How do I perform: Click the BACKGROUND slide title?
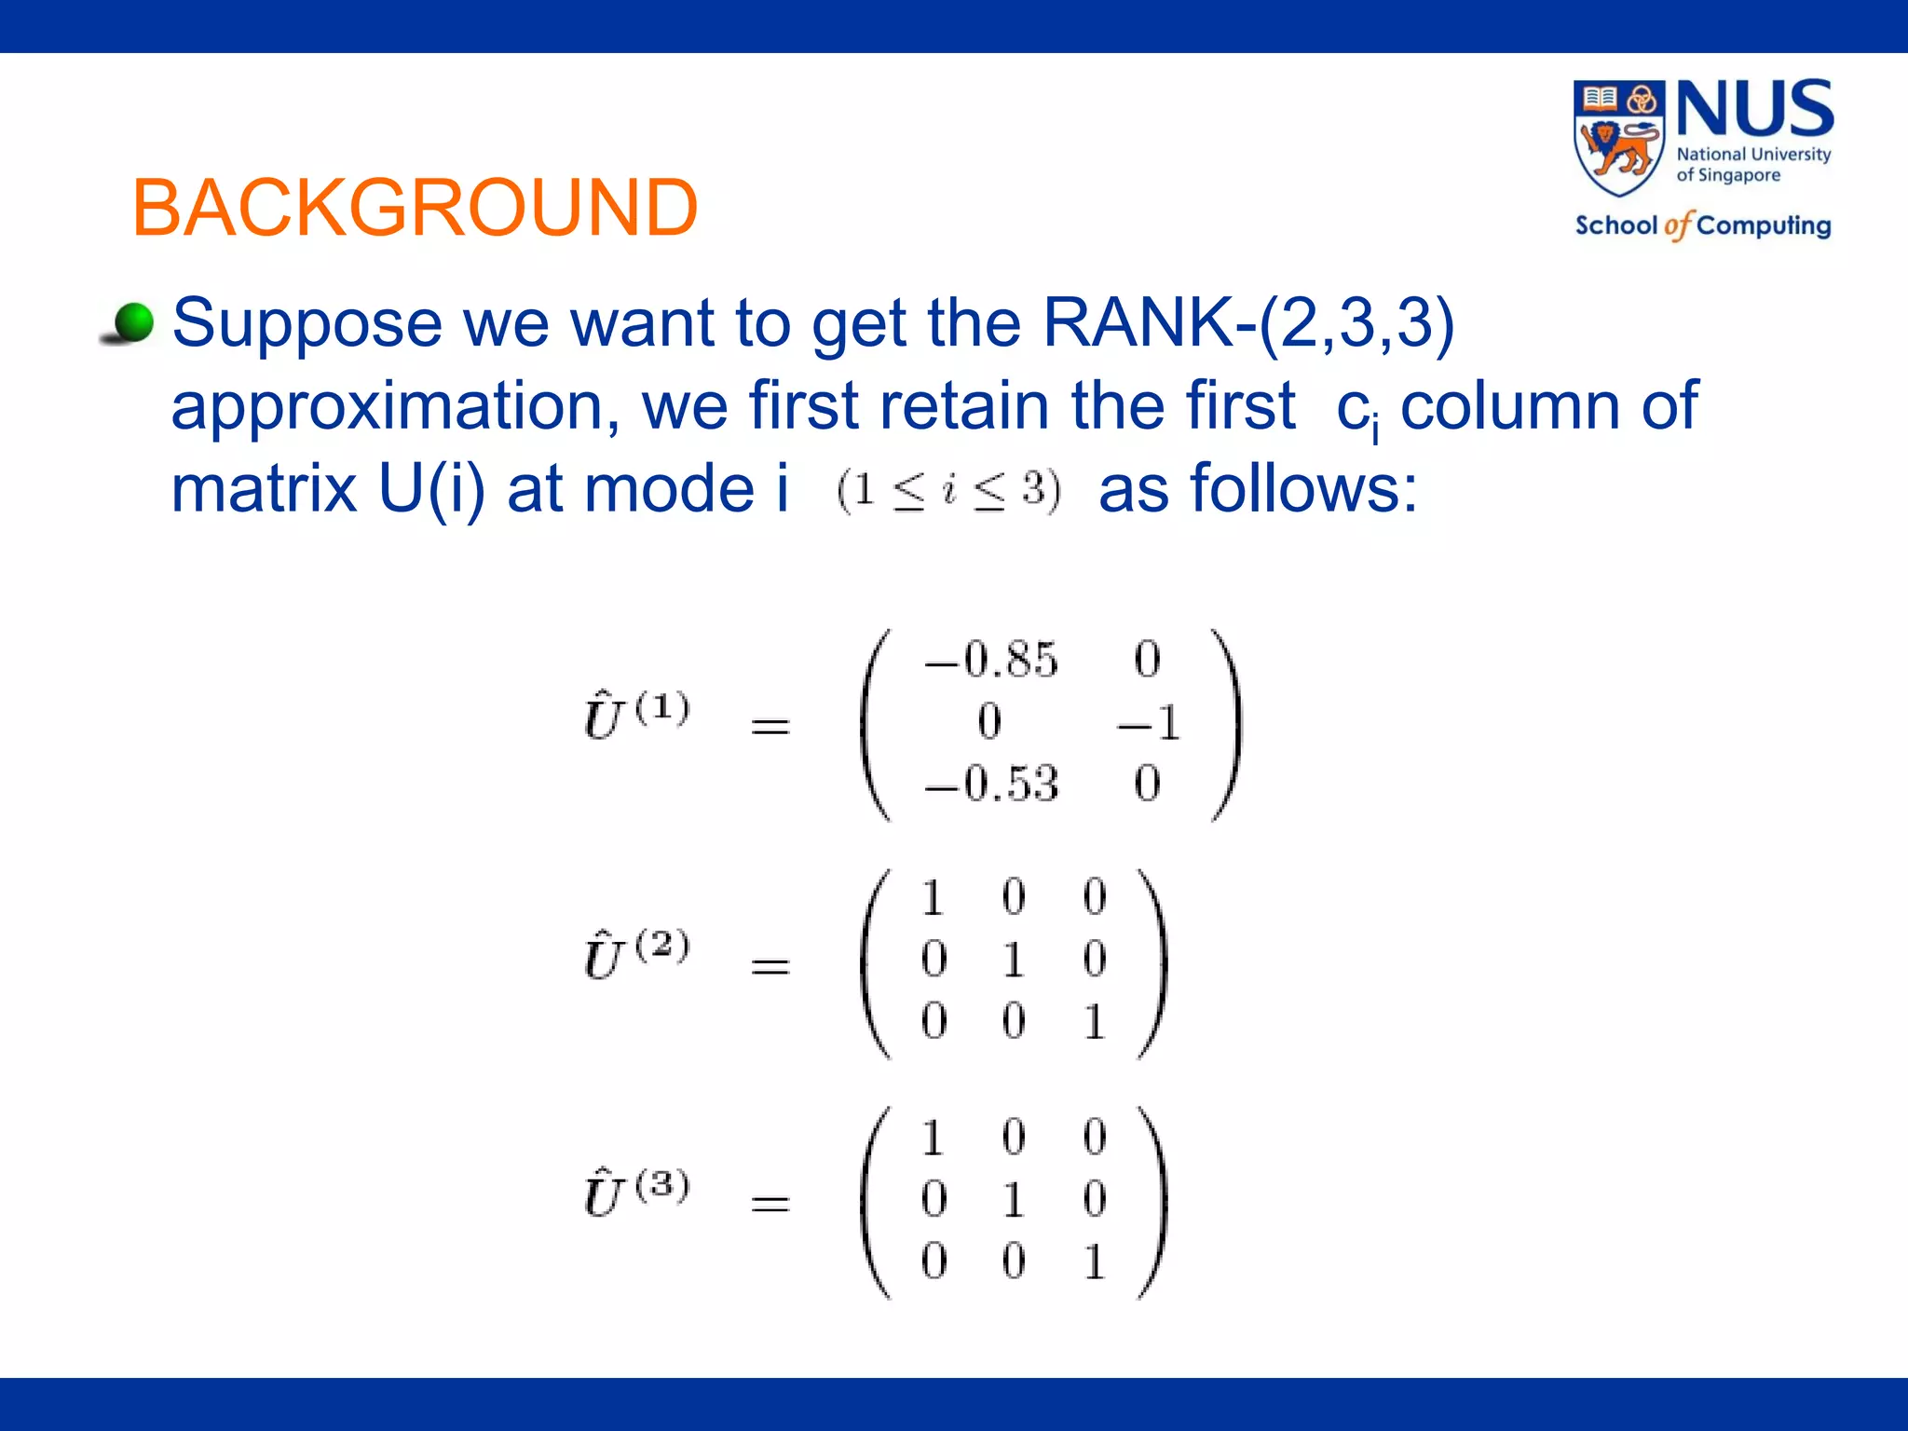tap(415, 207)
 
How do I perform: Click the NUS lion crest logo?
tap(1619, 137)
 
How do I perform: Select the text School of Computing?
tap(1702, 225)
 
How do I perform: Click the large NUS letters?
tap(1754, 110)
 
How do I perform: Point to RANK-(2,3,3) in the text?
tap(1247, 323)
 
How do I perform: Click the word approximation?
tap(395, 406)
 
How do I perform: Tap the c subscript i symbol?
tap(1356, 410)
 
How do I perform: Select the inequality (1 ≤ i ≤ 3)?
tap(948, 491)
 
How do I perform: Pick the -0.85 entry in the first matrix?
tap(990, 660)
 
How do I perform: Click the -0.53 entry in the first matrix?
tap(990, 784)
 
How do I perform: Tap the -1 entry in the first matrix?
tap(1149, 722)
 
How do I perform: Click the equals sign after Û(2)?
tap(770, 967)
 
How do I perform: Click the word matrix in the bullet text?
tap(264, 488)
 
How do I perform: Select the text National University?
tap(1753, 154)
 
